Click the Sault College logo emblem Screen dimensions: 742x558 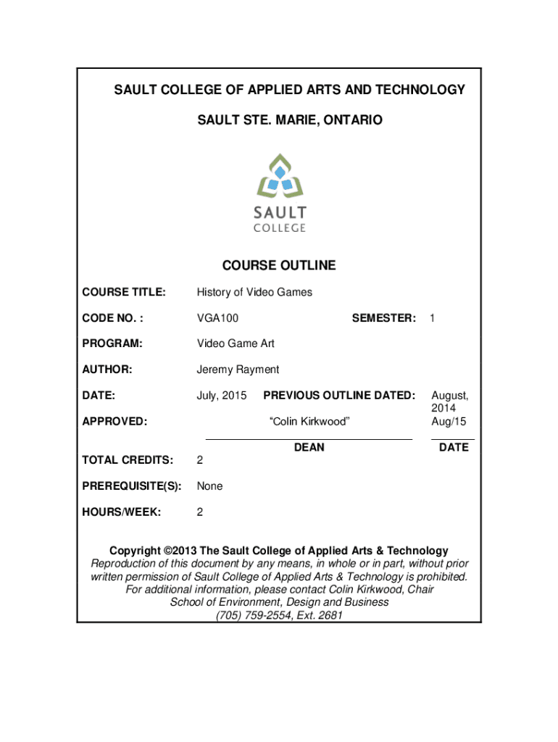(279, 178)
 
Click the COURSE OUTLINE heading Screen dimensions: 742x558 (279, 265)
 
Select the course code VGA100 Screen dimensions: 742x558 (217, 318)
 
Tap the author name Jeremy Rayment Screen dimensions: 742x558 (238, 370)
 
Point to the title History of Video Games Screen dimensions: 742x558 (254, 292)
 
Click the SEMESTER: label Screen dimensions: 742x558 (383, 318)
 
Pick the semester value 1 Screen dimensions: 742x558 (432, 318)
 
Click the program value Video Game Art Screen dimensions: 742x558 (236, 343)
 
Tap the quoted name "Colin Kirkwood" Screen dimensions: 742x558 (309, 421)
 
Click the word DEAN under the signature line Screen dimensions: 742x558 (309, 448)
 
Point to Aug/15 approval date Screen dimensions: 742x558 (449, 421)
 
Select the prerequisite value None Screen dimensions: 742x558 (209, 486)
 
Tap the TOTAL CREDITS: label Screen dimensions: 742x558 (128, 460)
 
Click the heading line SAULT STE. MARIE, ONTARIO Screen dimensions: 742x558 (289, 120)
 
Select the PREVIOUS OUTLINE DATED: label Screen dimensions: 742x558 (339, 396)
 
